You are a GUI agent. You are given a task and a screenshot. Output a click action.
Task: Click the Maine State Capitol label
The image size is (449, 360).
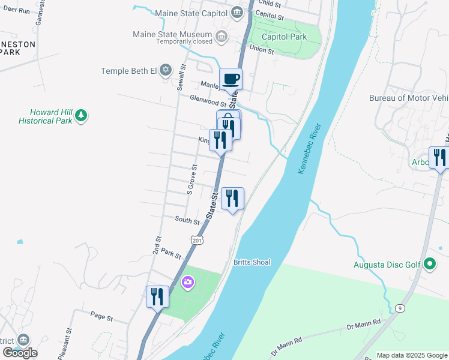(191, 13)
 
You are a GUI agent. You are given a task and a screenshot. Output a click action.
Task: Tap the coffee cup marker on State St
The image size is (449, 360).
(231, 79)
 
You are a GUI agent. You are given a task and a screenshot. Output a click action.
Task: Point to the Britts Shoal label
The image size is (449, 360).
(252, 262)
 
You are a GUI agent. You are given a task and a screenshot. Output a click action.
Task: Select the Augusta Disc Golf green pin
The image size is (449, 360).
(429, 263)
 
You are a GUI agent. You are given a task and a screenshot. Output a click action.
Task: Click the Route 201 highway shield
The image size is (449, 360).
(196, 240)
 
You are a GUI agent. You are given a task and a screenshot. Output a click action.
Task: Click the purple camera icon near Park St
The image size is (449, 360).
(188, 282)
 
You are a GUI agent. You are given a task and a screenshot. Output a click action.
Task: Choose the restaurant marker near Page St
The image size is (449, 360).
(157, 296)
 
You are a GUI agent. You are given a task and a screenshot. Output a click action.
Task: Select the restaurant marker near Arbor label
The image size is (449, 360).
(440, 157)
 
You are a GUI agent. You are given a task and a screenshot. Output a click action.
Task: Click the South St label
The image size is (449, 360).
(187, 221)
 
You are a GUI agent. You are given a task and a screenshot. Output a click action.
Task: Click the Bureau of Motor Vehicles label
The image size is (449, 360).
(408, 98)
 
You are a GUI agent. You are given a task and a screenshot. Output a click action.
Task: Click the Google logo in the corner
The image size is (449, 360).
(19, 353)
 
